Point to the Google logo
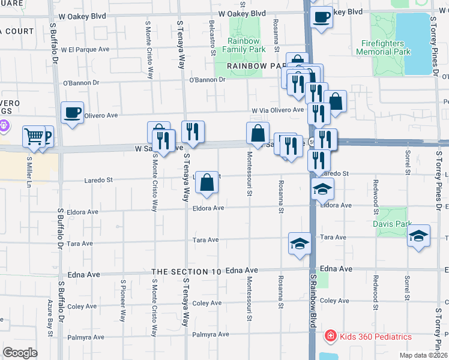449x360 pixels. pos(20,353)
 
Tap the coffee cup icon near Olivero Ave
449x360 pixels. pos(72,112)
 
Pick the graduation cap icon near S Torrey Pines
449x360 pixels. pos(419,236)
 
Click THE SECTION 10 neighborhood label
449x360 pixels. pos(187,272)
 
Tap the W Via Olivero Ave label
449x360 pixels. pos(278,110)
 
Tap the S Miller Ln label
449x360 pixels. pos(29,170)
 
